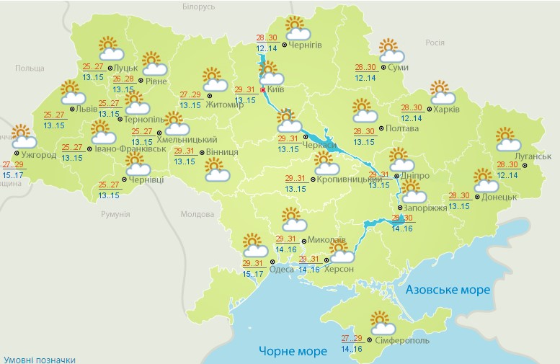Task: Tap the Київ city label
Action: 276,90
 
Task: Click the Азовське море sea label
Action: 448,289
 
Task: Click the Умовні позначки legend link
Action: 39,359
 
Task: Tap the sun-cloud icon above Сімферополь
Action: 381,321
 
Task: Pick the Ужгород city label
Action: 38,155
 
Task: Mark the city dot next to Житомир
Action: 209,94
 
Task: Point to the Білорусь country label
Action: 199,6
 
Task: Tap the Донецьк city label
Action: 498,196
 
